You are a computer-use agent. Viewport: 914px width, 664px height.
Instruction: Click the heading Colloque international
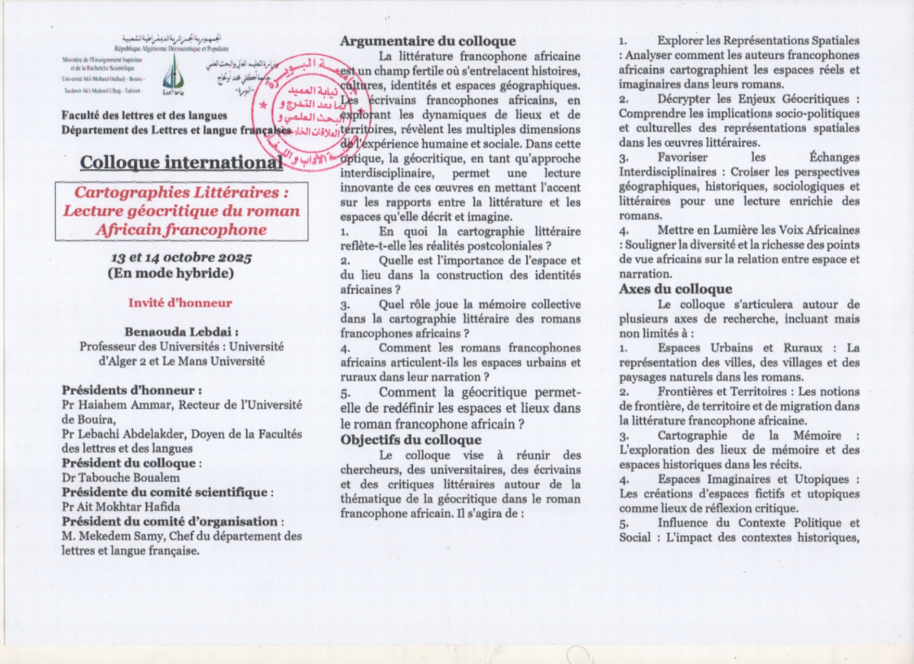pyautogui.click(x=181, y=162)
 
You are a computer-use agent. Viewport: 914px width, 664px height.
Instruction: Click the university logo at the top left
pyautogui.click(x=173, y=74)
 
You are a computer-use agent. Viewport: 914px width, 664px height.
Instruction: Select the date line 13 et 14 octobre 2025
pyautogui.click(x=181, y=258)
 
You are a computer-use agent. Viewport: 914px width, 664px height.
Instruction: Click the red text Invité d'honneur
pyautogui.click(x=180, y=303)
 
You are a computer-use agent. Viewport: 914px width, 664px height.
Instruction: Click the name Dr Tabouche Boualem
pyautogui.click(x=121, y=478)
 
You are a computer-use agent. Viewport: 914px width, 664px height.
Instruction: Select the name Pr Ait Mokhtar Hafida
pyautogui.click(x=121, y=507)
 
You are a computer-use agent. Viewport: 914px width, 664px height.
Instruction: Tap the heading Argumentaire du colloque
pyautogui.click(x=428, y=41)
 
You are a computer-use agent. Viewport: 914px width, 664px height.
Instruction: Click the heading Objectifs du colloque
pyautogui.click(x=411, y=440)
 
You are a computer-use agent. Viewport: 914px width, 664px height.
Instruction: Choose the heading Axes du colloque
pyautogui.click(x=675, y=289)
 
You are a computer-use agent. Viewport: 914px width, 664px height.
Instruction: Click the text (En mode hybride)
pyautogui.click(x=171, y=273)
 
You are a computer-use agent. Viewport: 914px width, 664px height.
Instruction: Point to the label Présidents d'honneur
pyautogui.click(x=132, y=391)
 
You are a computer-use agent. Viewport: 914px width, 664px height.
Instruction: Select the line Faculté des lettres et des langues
pyautogui.click(x=144, y=116)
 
